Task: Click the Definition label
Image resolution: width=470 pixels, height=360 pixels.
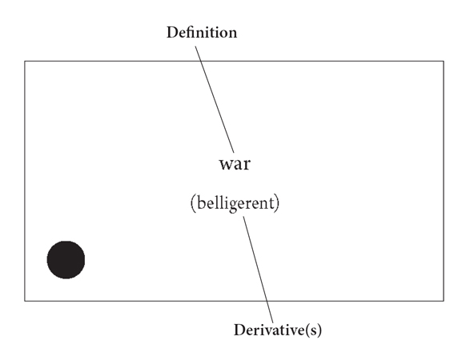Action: pyautogui.click(x=202, y=32)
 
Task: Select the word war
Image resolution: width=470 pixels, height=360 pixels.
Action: pyautogui.click(x=235, y=164)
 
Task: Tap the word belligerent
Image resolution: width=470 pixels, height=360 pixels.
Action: pyautogui.click(x=236, y=203)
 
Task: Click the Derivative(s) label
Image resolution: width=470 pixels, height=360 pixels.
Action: pyautogui.click(x=278, y=330)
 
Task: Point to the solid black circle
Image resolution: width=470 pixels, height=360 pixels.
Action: pyautogui.click(x=66, y=260)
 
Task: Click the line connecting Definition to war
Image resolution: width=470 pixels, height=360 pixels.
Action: pyautogui.click(x=215, y=99)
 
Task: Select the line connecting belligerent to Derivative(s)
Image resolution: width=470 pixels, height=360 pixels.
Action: pyautogui.click(x=258, y=270)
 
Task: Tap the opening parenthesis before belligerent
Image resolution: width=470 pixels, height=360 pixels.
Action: pyautogui.click(x=193, y=203)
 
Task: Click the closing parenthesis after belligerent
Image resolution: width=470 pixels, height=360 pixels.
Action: pyautogui.click(x=277, y=203)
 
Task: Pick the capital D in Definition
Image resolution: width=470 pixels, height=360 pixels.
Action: pyautogui.click(x=172, y=32)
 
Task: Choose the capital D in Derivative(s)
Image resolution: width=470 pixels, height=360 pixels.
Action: pyautogui.click(x=239, y=330)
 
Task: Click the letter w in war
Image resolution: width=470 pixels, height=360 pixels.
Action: pyautogui.click(x=226, y=165)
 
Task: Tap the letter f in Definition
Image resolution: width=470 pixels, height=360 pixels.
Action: pyautogui.click(x=192, y=32)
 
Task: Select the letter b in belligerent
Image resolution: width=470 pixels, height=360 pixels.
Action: pyautogui.click(x=201, y=202)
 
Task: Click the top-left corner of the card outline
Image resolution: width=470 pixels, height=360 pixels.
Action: pyautogui.click(x=25, y=61)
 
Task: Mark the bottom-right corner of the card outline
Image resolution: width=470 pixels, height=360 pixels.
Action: pyautogui.click(x=444, y=301)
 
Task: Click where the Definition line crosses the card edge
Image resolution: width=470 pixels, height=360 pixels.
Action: pyautogui.click(x=201, y=61)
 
